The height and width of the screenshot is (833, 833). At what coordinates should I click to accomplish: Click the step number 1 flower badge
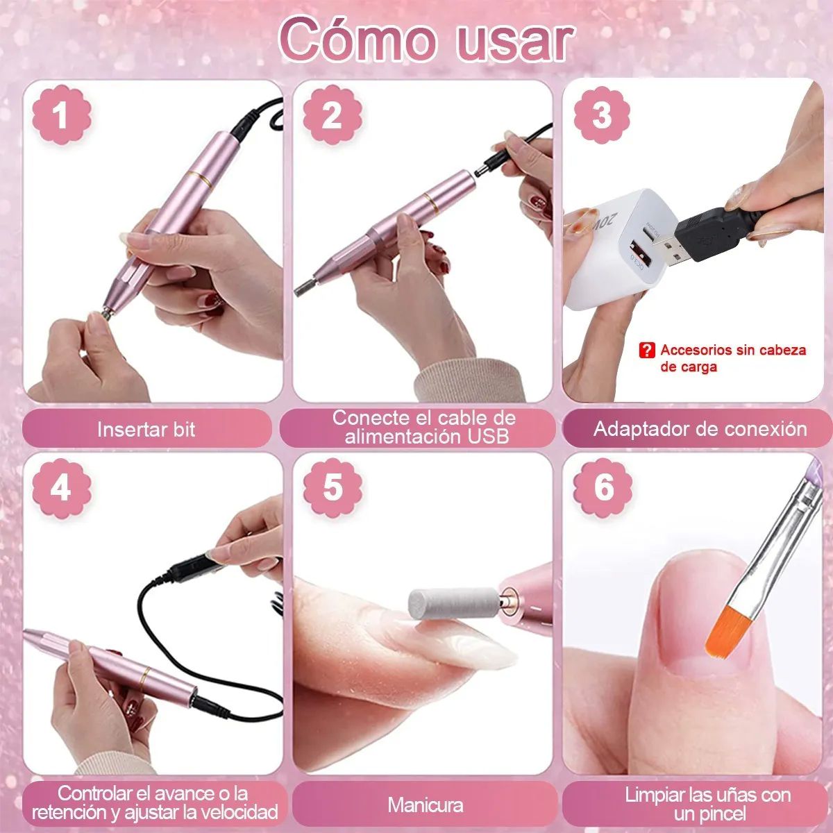pos(61,115)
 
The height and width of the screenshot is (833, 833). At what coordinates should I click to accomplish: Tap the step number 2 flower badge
pos(333,115)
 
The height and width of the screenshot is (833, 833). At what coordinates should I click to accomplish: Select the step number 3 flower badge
pos(602,115)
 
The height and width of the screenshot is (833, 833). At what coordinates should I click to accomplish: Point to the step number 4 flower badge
pos(61,487)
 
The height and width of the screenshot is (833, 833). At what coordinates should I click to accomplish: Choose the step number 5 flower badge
pos(333,487)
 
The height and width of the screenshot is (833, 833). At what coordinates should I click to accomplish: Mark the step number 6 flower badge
pos(603,487)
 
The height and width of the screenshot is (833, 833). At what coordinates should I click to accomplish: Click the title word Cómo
pos(357,40)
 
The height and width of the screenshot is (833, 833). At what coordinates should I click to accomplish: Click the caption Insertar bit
pos(146,429)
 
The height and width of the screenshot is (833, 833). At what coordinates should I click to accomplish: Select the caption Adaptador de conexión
pos(700,429)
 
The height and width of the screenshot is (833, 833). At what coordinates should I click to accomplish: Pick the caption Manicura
pos(425,805)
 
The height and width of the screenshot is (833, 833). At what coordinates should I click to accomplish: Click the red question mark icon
pos(646,350)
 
